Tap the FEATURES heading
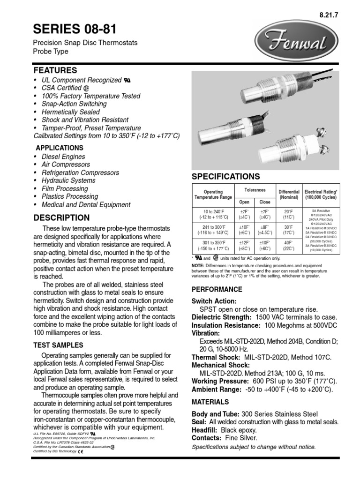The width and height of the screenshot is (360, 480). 55,70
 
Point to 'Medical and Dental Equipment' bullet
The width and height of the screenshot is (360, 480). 85,204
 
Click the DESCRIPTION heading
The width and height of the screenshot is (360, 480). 60,217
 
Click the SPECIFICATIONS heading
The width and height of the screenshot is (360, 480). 225,177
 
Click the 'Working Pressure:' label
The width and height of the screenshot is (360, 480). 217,381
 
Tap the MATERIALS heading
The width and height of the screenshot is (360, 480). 210,402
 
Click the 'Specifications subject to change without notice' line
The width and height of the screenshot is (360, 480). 254,447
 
